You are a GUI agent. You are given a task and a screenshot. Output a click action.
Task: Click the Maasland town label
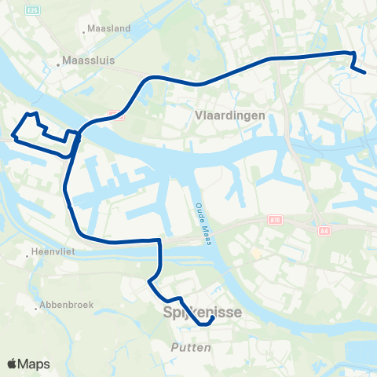coord(111,28)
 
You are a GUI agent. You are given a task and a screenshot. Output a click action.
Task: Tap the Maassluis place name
coord(90,58)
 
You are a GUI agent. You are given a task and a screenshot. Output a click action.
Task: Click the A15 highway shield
coord(273,220)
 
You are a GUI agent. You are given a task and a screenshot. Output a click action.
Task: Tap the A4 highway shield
coord(324,231)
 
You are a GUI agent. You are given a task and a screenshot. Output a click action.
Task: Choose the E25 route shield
coord(31,9)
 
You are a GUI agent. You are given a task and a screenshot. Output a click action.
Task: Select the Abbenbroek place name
coord(62,307)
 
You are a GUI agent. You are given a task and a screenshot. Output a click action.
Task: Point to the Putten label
coord(191,346)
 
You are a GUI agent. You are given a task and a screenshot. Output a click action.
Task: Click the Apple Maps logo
coord(28,364)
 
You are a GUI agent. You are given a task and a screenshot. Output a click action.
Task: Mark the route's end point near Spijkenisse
coord(213,318)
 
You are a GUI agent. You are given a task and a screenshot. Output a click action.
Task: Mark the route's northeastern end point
coord(364,72)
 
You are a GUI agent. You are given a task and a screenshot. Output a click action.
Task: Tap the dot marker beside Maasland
coord(84,32)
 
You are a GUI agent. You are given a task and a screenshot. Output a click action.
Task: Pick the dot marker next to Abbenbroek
coord(36,307)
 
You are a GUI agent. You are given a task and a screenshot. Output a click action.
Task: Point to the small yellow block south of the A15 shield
coord(257,254)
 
